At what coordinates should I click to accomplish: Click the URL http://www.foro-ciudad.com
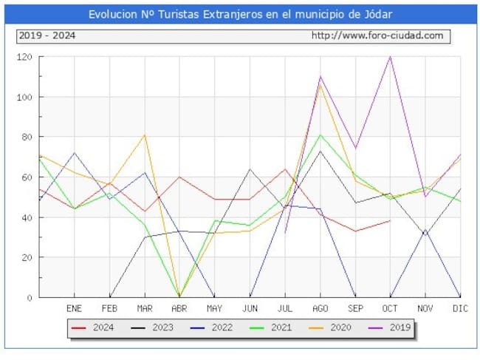pos(377,35)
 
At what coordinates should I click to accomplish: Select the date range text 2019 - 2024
pos(47,35)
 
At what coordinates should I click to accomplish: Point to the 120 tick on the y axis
pos(25,57)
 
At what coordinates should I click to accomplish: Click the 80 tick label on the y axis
pos(27,137)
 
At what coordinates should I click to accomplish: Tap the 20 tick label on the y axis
pos(27,257)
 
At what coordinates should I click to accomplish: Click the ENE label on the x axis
pos(74,308)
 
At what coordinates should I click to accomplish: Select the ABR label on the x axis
pos(179,308)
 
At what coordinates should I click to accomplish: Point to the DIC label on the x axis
pos(460,308)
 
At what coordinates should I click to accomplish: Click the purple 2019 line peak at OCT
pos(390,57)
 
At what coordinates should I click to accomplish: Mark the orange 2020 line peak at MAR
pos(144,135)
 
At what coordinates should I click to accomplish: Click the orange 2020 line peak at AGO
pos(320,85)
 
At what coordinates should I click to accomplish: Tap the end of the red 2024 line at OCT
pos(390,221)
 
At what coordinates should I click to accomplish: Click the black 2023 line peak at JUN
pos(250,169)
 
